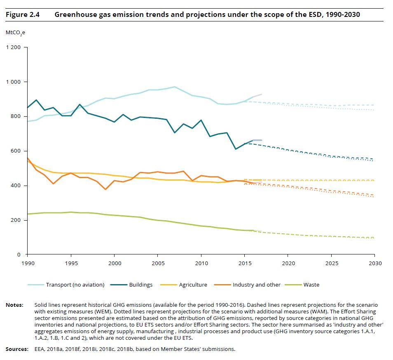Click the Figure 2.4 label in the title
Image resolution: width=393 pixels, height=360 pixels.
22,15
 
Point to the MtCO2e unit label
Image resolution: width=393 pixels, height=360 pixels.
15,32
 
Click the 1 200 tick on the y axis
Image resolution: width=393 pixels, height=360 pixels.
13,47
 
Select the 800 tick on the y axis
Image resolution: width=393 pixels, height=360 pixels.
16,117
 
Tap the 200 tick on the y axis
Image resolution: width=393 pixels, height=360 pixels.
16,220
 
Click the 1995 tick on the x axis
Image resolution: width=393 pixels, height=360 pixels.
71,263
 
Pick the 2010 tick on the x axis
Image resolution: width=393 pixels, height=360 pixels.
201,263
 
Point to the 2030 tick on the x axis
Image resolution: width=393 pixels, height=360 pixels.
374,263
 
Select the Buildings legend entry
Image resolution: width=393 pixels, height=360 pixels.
140,285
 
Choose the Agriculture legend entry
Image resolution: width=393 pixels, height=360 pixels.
193,285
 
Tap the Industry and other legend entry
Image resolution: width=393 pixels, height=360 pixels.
256,285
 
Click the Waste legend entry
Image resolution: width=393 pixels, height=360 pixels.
311,285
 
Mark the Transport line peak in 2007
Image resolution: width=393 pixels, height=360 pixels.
175,87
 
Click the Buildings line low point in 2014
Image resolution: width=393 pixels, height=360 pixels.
236,149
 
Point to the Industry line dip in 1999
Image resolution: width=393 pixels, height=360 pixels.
105,189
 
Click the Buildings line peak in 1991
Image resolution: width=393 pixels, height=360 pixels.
36,100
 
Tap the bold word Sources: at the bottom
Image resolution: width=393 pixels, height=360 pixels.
17,349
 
